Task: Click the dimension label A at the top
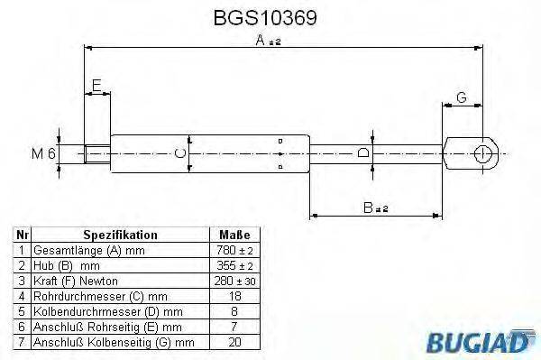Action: [x=261, y=41]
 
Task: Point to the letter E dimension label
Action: [x=96, y=87]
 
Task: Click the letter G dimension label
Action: [x=461, y=97]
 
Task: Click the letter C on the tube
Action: [x=181, y=154]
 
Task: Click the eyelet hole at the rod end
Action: [x=483, y=153]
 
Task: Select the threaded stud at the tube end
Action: [x=96, y=154]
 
